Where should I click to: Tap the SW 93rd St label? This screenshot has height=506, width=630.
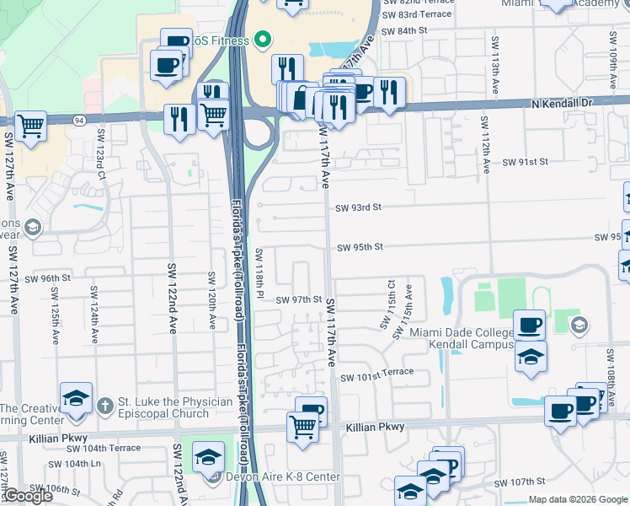pos(359,207)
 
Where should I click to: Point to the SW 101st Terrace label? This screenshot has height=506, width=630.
pos(377,372)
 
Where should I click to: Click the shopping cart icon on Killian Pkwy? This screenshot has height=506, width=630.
pos(302,425)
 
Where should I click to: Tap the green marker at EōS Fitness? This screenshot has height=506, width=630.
pos(261,40)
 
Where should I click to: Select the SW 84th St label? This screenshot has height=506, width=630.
pos(405,30)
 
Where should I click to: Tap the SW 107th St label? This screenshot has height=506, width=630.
pos(521,482)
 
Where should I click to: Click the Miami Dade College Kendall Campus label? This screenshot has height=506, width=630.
pos(462,338)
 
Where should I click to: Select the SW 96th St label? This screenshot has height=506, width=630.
pos(48,277)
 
